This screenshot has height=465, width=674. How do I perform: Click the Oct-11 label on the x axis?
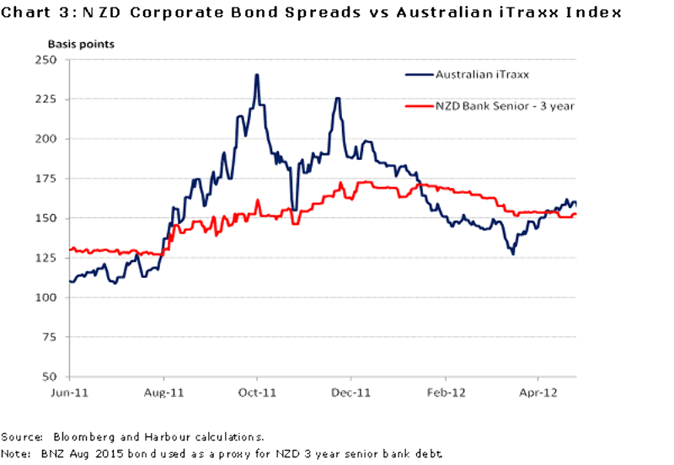[x=257, y=393]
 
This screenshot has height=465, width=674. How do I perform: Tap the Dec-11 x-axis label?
[x=351, y=393]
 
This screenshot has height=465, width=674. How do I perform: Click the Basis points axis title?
[x=81, y=42]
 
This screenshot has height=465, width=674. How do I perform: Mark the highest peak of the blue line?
[x=256, y=75]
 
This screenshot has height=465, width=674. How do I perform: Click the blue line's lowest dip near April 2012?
[x=512, y=253]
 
